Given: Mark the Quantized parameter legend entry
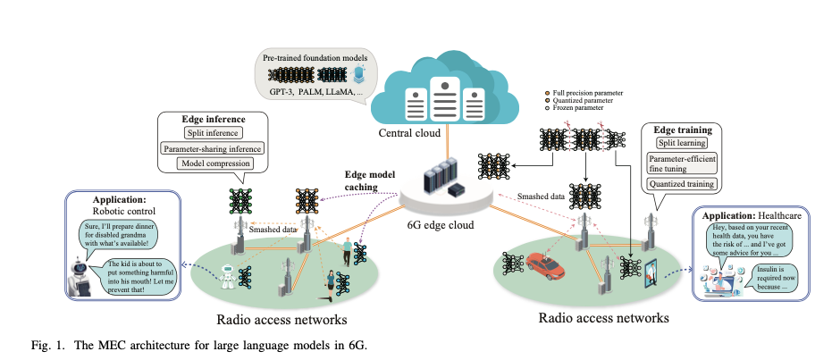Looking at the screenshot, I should tap(580, 101).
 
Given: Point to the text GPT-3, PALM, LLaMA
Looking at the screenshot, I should tap(311, 92).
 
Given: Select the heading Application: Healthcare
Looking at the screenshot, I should tap(747, 215).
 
